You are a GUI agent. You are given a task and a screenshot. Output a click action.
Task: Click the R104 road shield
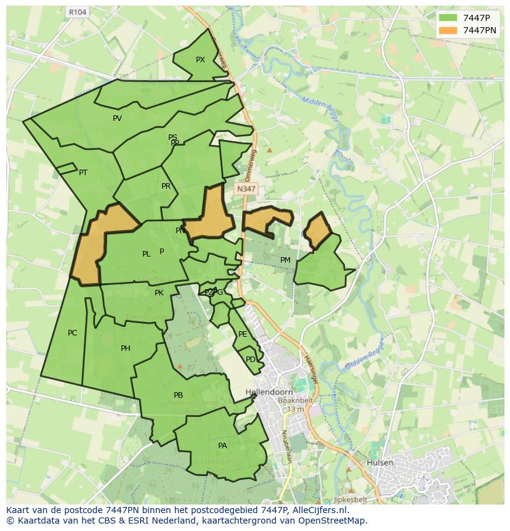click(x=78, y=12)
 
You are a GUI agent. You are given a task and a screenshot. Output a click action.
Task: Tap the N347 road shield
click(x=246, y=189)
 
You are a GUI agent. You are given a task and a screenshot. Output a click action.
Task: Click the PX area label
click(x=200, y=60)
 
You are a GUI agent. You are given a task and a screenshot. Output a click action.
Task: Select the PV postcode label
click(x=117, y=118)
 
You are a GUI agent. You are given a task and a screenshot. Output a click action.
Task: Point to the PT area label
click(x=83, y=173)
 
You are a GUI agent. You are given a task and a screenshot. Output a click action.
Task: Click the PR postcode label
click(x=166, y=186)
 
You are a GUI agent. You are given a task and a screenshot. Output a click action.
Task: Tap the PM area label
click(x=285, y=260)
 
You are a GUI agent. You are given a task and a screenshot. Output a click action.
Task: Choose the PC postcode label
click(x=72, y=333)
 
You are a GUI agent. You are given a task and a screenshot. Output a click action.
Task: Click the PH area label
click(x=126, y=348)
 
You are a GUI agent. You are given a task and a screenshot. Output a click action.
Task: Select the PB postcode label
click(x=178, y=395)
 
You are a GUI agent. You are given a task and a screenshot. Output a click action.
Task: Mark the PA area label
click(x=222, y=445)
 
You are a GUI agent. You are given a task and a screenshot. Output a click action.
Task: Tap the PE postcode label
click(x=243, y=334)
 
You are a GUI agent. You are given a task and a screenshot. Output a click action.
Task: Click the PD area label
click(x=250, y=360)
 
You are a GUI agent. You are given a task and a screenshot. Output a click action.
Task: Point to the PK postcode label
click(x=159, y=293)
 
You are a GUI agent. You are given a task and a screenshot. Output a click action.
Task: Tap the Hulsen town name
click(x=379, y=463)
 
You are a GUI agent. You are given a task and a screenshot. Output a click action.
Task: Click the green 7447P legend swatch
click(x=448, y=17)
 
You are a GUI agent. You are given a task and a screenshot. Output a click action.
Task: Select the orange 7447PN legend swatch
click(x=448, y=30)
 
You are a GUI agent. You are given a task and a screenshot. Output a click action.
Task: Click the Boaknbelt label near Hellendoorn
click(x=296, y=400)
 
